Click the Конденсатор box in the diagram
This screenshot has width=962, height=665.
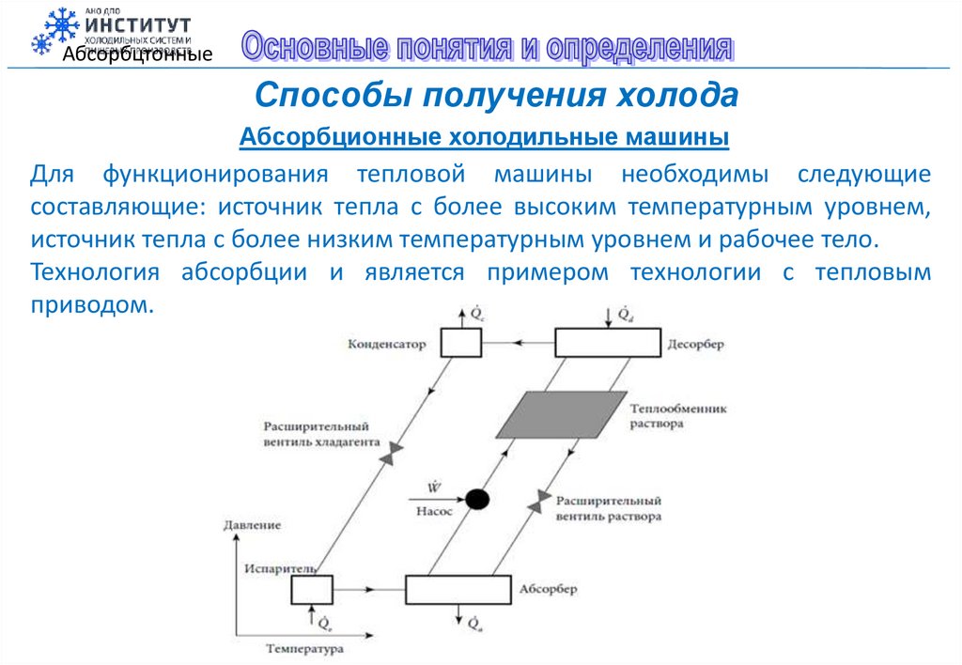[461, 344]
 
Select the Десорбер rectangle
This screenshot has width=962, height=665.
[609, 344]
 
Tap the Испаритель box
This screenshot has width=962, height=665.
[311, 590]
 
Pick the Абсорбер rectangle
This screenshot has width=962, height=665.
[458, 590]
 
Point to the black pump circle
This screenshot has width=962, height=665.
[478, 499]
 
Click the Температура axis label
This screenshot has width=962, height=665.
[304, 649]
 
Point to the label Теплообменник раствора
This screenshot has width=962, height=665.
[678, 416]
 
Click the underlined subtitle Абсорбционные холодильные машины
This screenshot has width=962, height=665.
[485, 138]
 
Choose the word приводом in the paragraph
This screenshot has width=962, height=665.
[89, 305]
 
